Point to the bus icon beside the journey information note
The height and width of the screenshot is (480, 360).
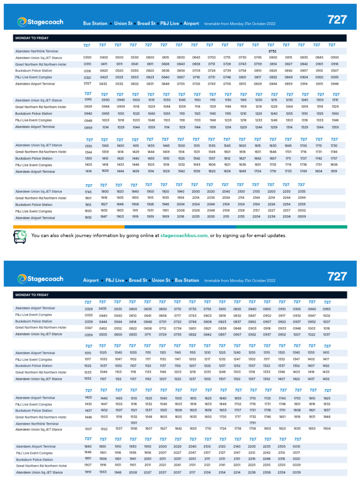tap(20, 238)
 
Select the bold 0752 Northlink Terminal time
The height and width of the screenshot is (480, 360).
tap(272, 51)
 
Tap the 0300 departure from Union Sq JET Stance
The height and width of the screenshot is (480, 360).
tap(88, 57)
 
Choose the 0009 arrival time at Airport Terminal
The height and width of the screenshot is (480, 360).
tap(301, 217)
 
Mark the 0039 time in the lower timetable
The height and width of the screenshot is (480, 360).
tap(297, 472)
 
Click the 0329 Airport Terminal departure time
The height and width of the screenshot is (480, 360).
tap(89, 309)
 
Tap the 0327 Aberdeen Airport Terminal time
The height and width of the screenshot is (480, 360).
tap(88, 83)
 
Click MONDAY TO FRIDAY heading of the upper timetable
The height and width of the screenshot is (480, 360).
tap(32, 38)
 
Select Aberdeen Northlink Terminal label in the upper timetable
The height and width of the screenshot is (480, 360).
tap(37, 51)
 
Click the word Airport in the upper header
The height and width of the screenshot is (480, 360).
tap(191, 23)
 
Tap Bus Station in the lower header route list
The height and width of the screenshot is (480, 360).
tap(187, 280)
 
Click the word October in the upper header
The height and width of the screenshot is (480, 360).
tap(258, 23)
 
